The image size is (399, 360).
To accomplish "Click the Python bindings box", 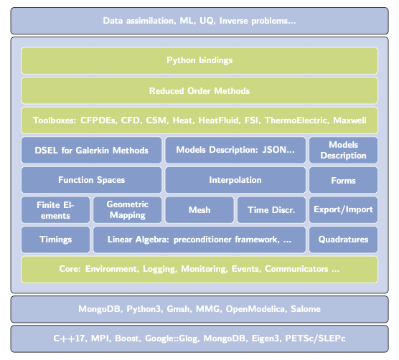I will point(199,61).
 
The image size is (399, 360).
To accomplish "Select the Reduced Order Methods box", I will point(199,91).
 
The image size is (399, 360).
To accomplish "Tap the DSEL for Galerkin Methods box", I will point(91,150).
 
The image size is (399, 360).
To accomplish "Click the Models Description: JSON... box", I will point(235,150).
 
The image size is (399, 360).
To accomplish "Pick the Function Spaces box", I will point(91,180).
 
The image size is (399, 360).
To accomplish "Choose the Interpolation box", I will point(235,180).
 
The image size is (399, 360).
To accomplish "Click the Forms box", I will point(343,180).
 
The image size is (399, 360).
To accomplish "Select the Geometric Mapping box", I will point(127,209).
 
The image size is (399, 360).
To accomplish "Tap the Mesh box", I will point(199,209).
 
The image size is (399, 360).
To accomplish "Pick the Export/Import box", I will point(343,209).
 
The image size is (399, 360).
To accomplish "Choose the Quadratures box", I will point(343,240).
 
